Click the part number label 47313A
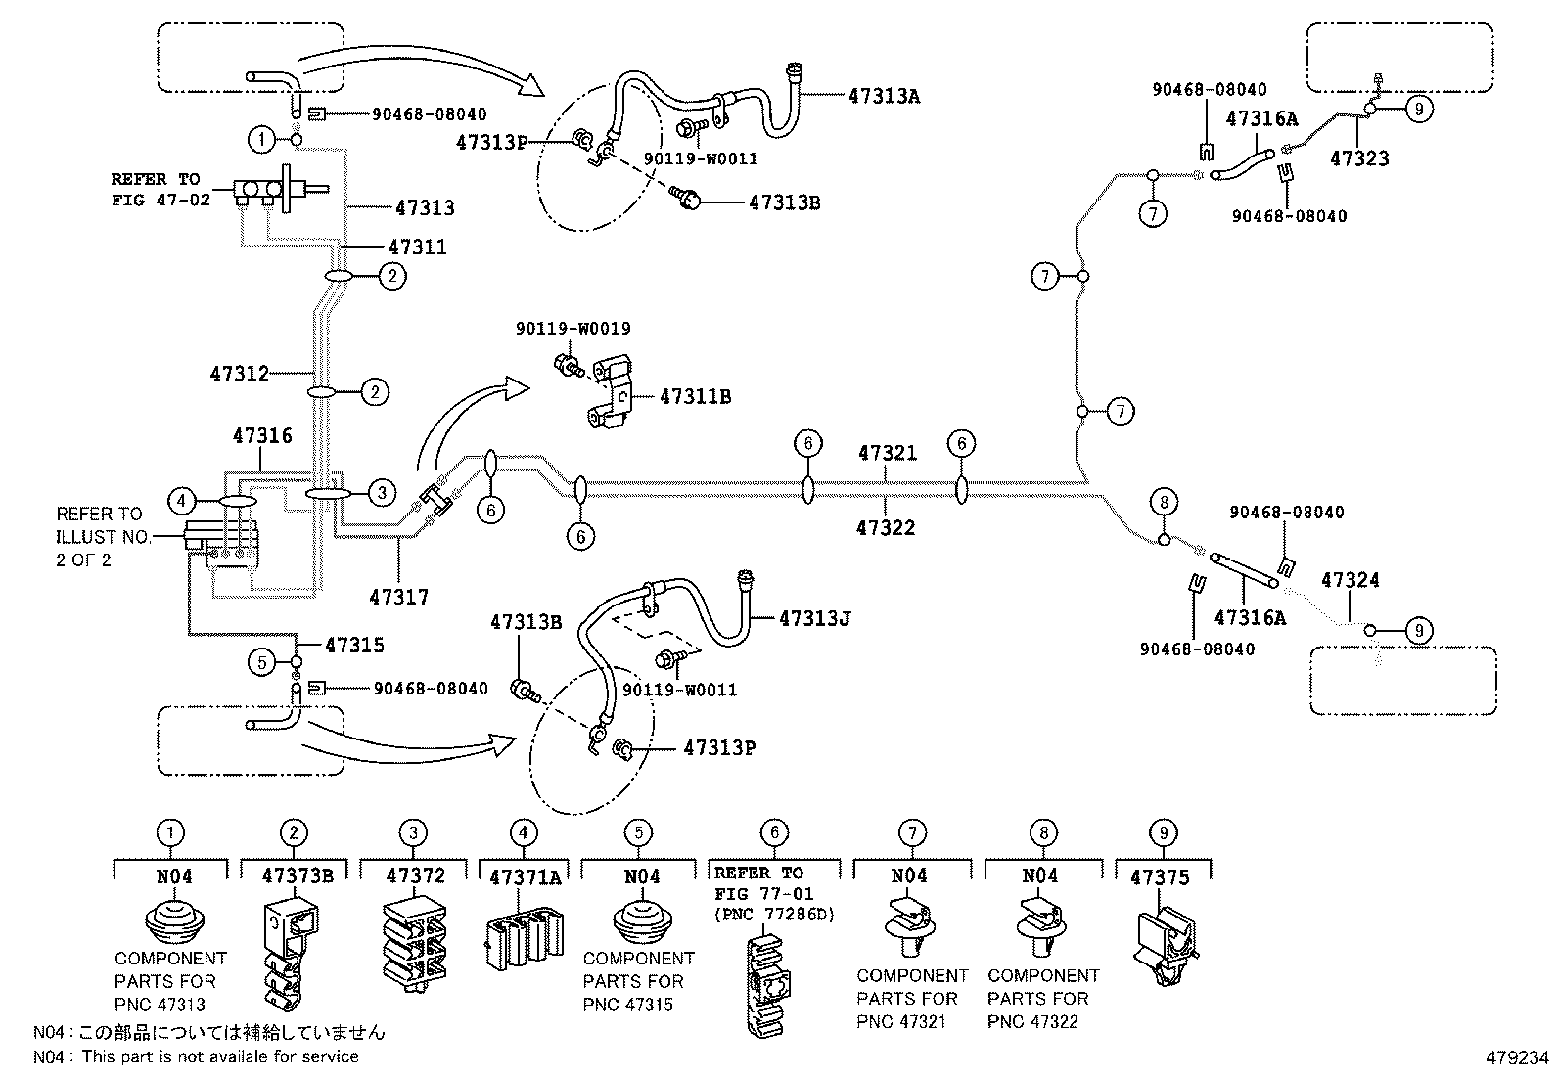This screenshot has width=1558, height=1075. pos(884,96)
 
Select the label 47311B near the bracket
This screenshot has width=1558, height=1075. pos(695,396)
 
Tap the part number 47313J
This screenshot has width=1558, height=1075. pos(814,618)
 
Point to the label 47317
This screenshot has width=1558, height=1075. pos(398,596)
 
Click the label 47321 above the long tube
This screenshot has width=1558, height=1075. pos(888,453)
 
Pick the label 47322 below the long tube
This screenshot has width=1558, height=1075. pos(886,528)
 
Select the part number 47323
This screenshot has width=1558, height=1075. pos(1359,157)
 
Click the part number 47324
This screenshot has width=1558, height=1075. pos(1350,580)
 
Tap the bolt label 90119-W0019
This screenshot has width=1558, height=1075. pos(573,329)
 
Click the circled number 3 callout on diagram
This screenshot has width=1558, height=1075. pos(382,493)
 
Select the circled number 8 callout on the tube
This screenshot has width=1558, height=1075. pos(1163,503)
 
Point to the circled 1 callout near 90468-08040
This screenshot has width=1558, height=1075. pos(261,140)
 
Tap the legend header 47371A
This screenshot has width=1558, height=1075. pos(524,877)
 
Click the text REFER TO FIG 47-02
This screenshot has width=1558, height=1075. pos(155,189)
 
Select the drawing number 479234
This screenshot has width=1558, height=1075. pos(1517,1057)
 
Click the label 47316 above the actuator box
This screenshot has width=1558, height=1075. pos(262,435)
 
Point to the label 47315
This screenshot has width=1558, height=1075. pos(354,645)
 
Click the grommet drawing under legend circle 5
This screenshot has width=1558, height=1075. pos(641,922)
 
